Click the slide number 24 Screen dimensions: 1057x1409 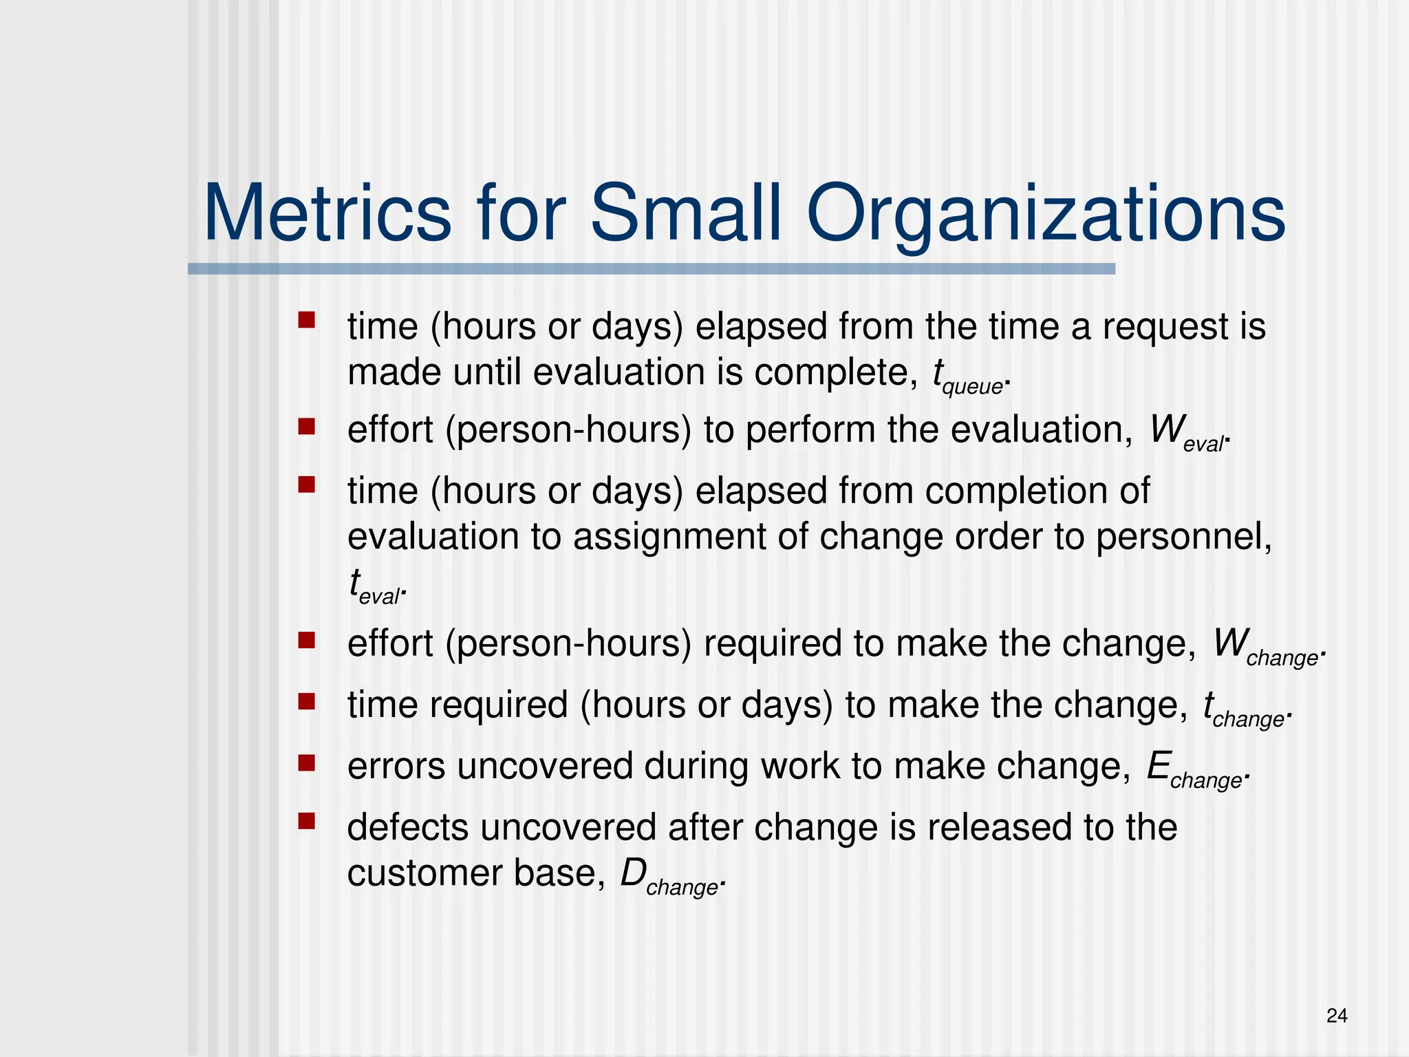pos(1336,1016)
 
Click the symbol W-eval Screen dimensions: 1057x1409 pos(1187,434)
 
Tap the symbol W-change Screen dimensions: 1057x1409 pos(1266,647)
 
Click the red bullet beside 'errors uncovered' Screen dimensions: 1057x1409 pos(306,762)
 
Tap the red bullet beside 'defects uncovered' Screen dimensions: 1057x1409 pos(306,821)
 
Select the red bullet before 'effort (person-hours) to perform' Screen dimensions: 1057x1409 pos(306,427)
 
